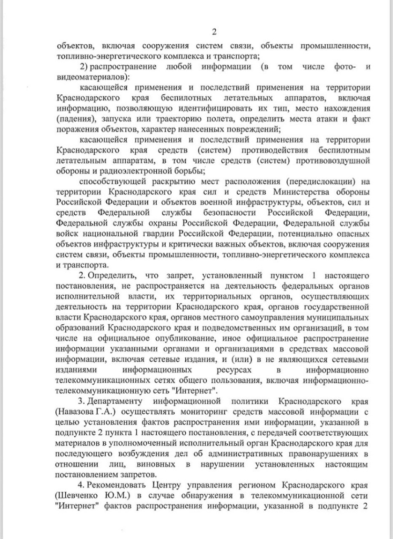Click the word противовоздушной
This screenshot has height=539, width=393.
point(335,162)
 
